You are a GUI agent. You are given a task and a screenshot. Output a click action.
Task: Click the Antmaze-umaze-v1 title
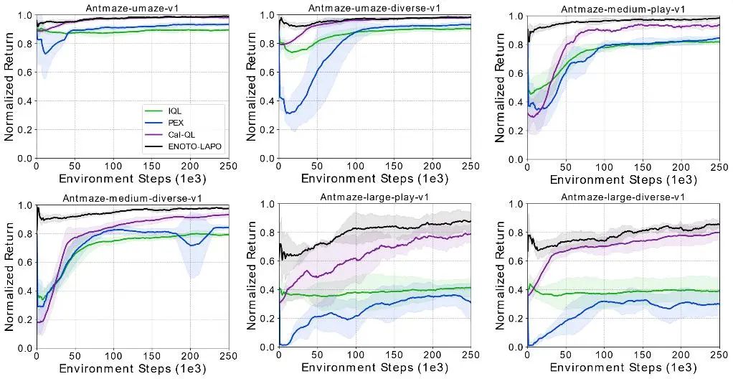point(133,7)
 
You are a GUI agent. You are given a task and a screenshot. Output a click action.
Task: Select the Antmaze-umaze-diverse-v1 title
point(374,7)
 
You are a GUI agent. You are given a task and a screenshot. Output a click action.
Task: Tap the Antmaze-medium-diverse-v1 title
point(133,197)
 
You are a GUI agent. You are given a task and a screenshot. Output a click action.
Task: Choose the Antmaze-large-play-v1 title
point(374,197)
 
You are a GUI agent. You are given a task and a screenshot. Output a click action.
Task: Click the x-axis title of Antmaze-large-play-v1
point(374,369)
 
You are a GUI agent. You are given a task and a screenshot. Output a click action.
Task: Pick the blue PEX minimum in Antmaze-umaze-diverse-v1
point(289,113)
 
